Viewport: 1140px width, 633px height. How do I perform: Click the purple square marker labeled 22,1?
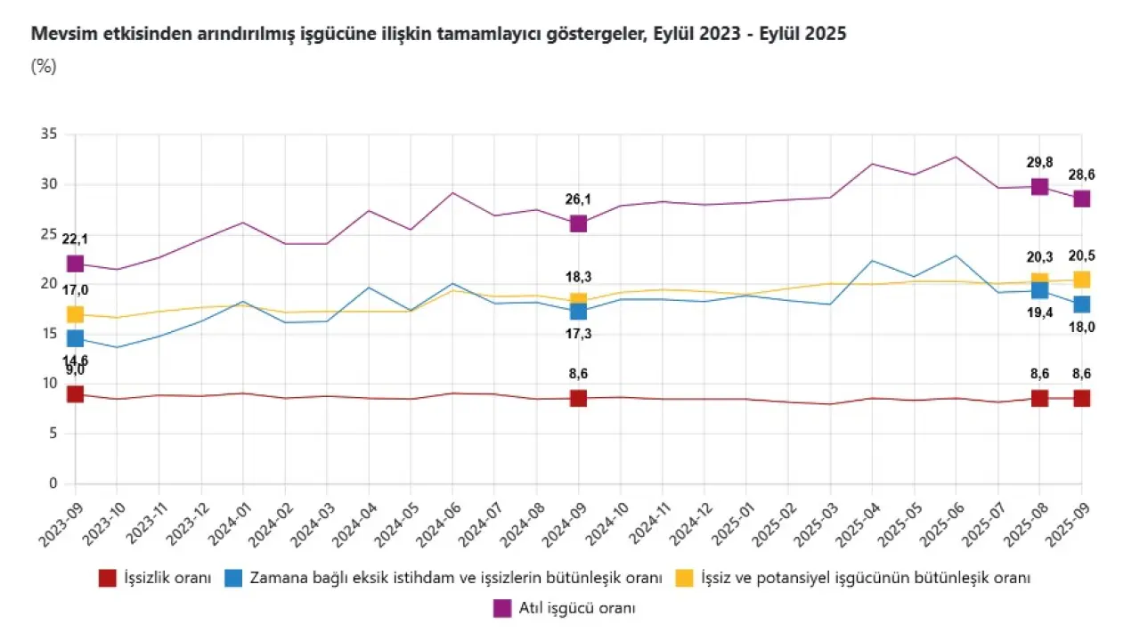pyautogui.click(x=75, y=264)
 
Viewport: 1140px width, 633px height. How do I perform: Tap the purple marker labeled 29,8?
pyautogui.click(x=1039, y=186)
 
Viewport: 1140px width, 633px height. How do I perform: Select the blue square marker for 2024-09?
pyautogui.click(x=578, y=311)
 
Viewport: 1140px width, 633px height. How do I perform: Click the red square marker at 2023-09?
pyautogui.click(x=75, y=394)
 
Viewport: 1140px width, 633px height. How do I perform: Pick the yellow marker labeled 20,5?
pyautogui.click(x=1081, y=280)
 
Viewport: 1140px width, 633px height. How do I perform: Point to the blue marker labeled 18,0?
pyautogui.click(x=1081, y=304)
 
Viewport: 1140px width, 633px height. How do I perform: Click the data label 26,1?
pyautogui.click(x=578, y=199)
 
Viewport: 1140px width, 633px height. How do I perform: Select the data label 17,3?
pyautogui.click(x=578, y=334)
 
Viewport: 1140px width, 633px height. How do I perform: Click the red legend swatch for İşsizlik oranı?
pyautogui.click(x=108, y=578)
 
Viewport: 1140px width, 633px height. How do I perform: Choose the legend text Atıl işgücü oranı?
pyautogui.click(x=576, y=609)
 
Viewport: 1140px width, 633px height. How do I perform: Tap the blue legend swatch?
pyautogui.click(x=234, y=578)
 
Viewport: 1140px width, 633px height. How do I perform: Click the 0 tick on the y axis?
pyautogui.click(x=53, y=484)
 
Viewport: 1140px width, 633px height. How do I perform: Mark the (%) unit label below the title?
pyautogui.click(x=44, y=66)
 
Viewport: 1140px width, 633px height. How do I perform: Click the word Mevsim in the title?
pyautogui.click(x=58, y=35)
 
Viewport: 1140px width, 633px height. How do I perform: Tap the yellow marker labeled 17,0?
pyautogui.click(x=75, y=314)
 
